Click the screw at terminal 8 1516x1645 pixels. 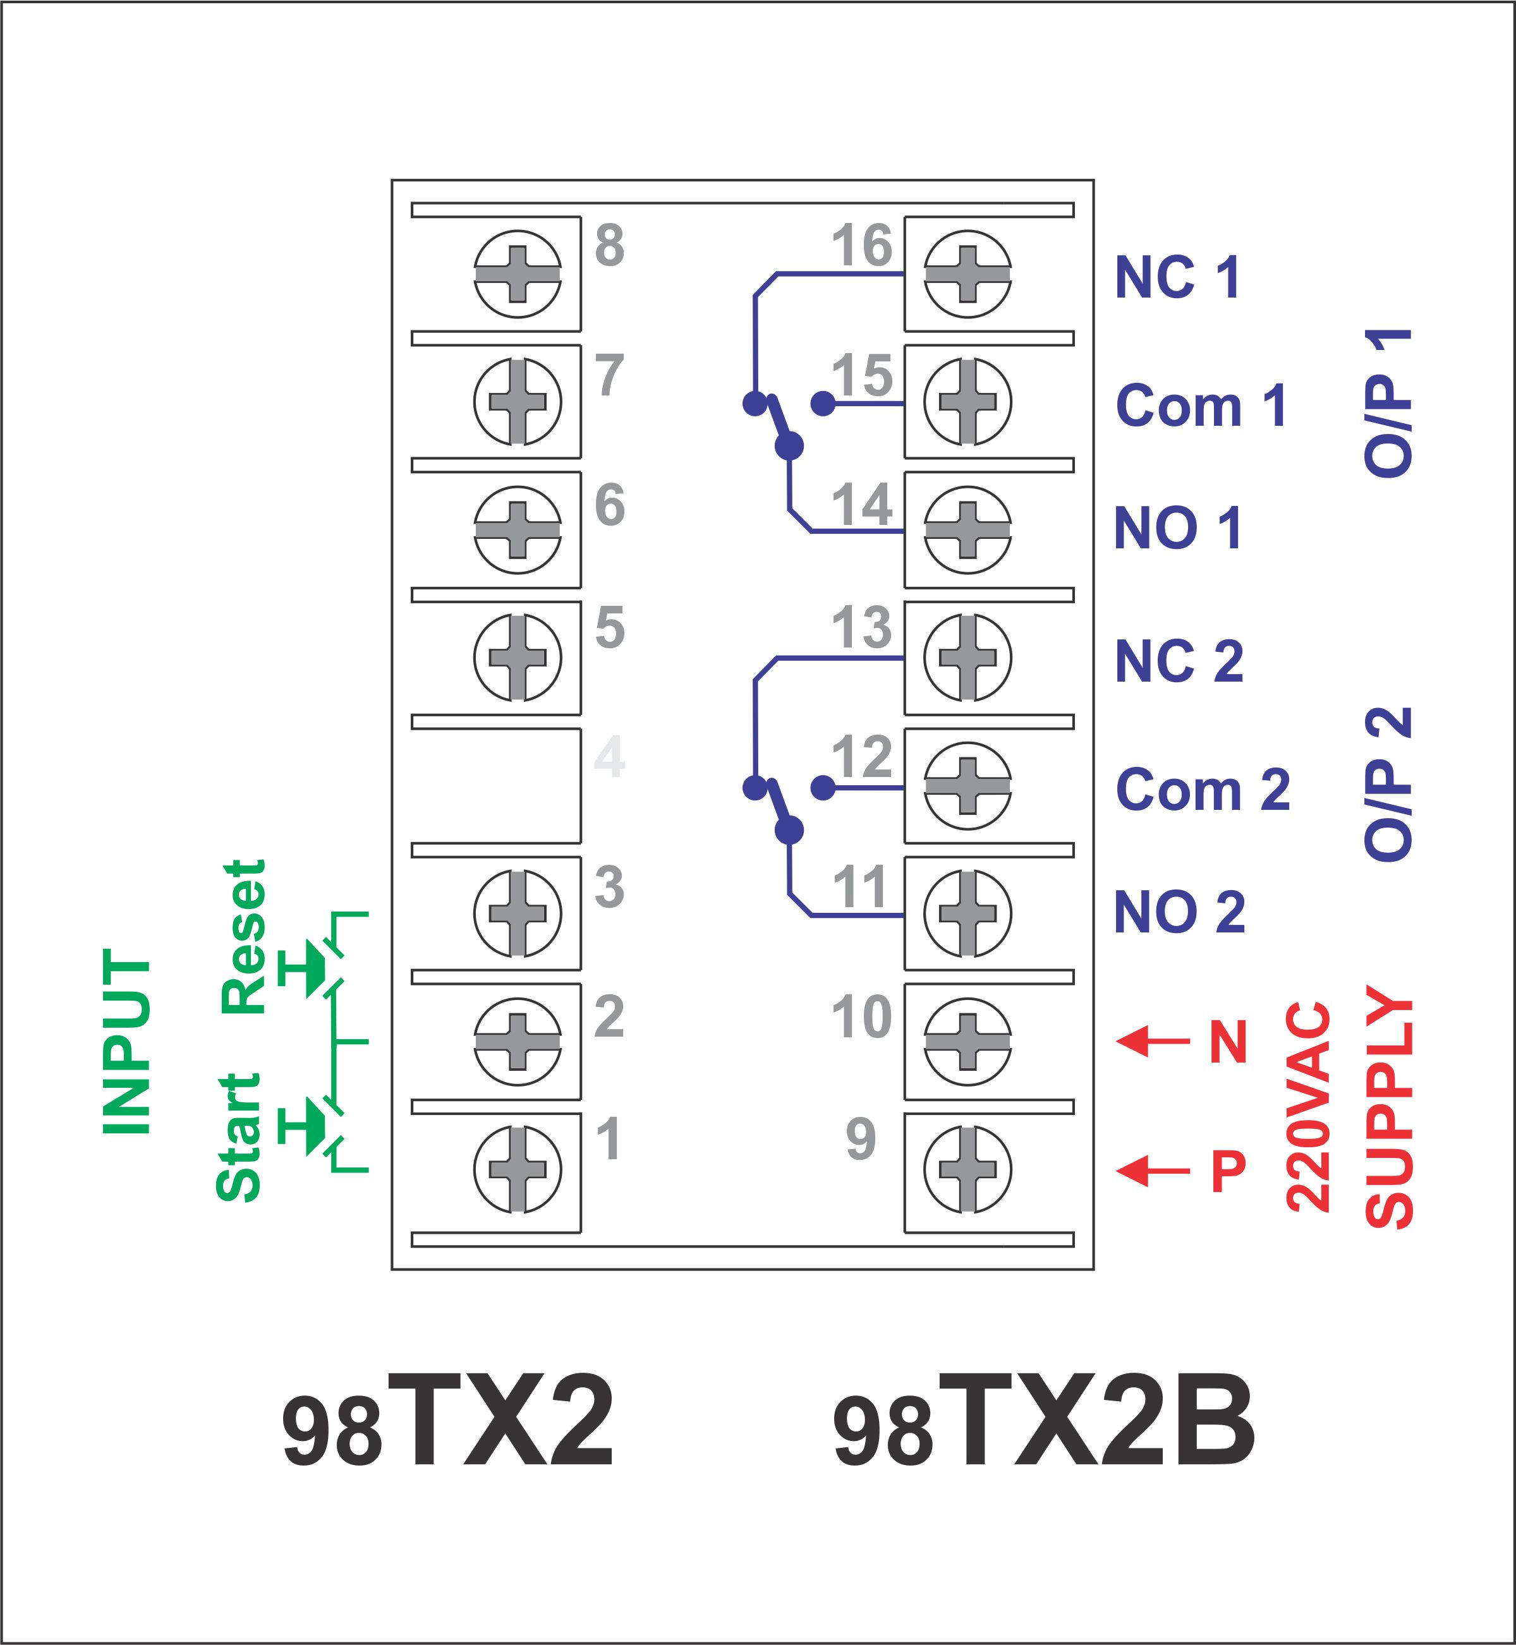click(518, 274)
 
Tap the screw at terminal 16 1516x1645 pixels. click(967, 274)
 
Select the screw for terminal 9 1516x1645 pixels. click(967, 1169)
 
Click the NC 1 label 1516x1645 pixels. click(1177, 277)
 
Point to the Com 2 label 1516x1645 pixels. click(1203, 790)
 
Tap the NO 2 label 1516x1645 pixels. click(1179, 912)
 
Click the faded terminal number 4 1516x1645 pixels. click(610, 757)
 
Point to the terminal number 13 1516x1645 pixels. click(861, 627)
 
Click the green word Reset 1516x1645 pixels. click(245, 936)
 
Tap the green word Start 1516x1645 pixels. click(239, 1138)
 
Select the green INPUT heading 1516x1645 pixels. click(126, 1042)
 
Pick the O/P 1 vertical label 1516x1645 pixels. click(1388, 404)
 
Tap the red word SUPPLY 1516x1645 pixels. click(1390, 1107)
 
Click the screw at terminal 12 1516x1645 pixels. click(967, 786)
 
